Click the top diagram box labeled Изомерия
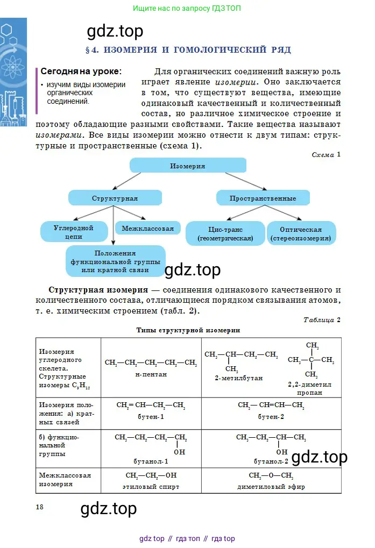pyautogui.click(x=188, y=166)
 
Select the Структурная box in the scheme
pyautogui.click(x=115, y=198)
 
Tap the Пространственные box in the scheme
pyautogui.click(x=263, y=198)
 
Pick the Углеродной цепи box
pyautogui.click(x=74, y=232)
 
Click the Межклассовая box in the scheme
pyautogui.click(x=147, y=229)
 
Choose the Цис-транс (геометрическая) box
pyautogui.click(x=225, y=233)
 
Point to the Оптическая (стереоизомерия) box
pyautogui.click(x=301, y=233)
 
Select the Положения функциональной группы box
pyautogui.click(x=115, y=261)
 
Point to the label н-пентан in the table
pyautogui.click(x=151, y=374)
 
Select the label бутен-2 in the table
pyautogui.click(x=271, y=417)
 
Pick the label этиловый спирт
pyautogui.click(x=151, y=487)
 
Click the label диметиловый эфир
pyautogui.click(x=271, y=487)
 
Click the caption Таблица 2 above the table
pyautogui.click(x=322, y=320)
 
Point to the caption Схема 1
pyautogui.click(x=326, y=155)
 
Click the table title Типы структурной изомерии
pyautogui.click(x=188, y=330)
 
